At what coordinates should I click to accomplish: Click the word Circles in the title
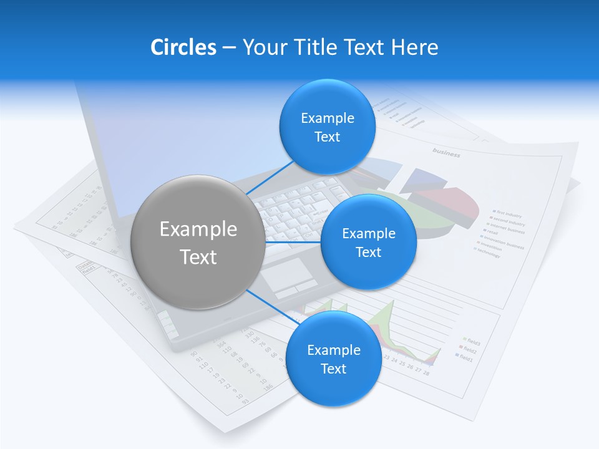(x=183, y=47)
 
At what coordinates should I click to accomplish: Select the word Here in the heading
(x=414, y=47)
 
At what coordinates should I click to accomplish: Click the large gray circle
(x=198, y=242)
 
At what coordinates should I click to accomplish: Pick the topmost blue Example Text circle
(x=327, y=127)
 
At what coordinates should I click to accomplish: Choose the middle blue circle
(x=368, y=242)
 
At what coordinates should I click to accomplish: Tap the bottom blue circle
(x=333, y=359)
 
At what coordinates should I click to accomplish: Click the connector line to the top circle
(x=270, y=177)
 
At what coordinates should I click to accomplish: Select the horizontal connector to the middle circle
(x=293, y=242)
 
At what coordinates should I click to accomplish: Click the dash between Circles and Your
(x=229, y=47)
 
